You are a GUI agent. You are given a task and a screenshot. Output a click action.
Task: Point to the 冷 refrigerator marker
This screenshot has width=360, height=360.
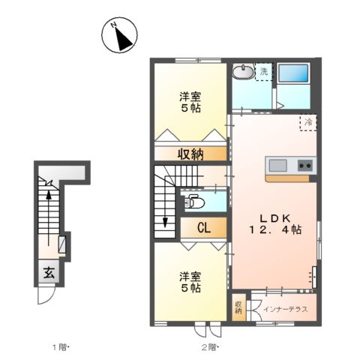click(307, 121)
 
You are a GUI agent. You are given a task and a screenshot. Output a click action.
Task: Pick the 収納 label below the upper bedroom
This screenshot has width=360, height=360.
click(190, 154)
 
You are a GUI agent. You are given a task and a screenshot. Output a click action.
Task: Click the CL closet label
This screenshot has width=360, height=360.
click(203, 228)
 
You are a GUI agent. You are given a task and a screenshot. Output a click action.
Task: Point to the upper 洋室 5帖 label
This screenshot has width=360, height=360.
click(189, 102)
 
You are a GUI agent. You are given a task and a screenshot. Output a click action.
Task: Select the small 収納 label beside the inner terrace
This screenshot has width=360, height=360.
click(238, 307)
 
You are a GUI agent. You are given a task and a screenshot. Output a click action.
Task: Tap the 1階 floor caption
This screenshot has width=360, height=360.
click(60, 346)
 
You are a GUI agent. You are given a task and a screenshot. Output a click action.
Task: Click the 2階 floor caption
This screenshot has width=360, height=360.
click(209, 346)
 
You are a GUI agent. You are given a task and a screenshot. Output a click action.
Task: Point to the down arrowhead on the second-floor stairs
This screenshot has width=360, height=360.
click(165, 223)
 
